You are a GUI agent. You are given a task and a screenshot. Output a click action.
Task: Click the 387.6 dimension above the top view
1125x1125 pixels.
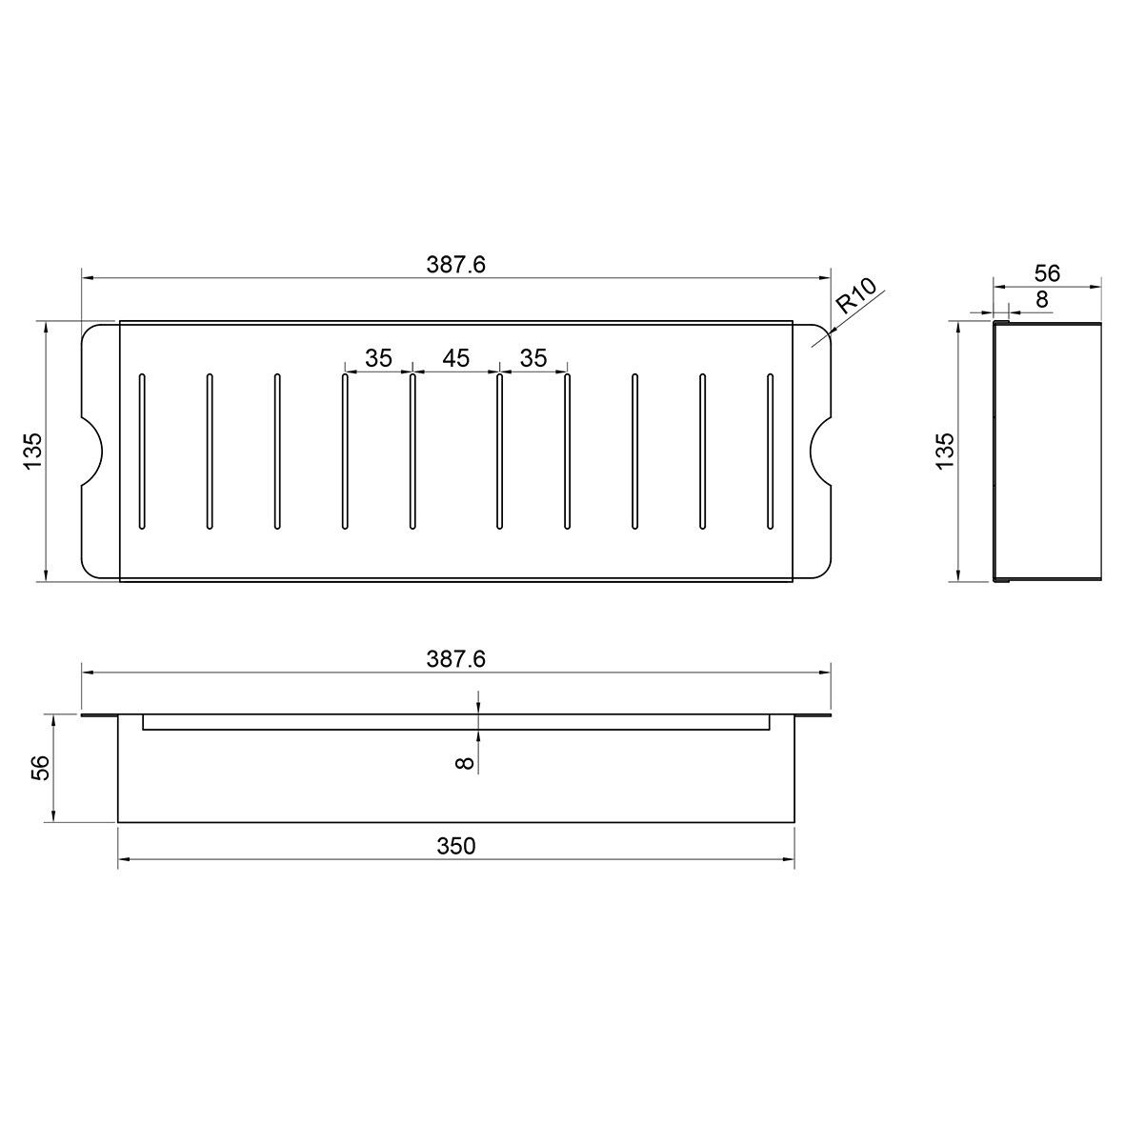[455, 265]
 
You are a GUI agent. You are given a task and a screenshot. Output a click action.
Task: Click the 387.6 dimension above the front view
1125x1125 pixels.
[455, 658]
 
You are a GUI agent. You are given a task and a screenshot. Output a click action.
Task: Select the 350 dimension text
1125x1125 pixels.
[456, 847]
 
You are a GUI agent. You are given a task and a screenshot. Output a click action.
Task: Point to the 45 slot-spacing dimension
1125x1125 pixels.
[455, 357]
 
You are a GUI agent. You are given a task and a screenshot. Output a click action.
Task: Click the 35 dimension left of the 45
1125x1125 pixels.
[378, 357]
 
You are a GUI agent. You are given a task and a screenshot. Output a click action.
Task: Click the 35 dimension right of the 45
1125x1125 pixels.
[533, 357]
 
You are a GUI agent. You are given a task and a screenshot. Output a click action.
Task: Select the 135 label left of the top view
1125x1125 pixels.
[33, 452]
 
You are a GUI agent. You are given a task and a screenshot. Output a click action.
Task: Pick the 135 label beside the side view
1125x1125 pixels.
[945, 452]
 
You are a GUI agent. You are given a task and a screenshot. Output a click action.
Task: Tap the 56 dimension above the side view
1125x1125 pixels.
[1048, 273]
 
